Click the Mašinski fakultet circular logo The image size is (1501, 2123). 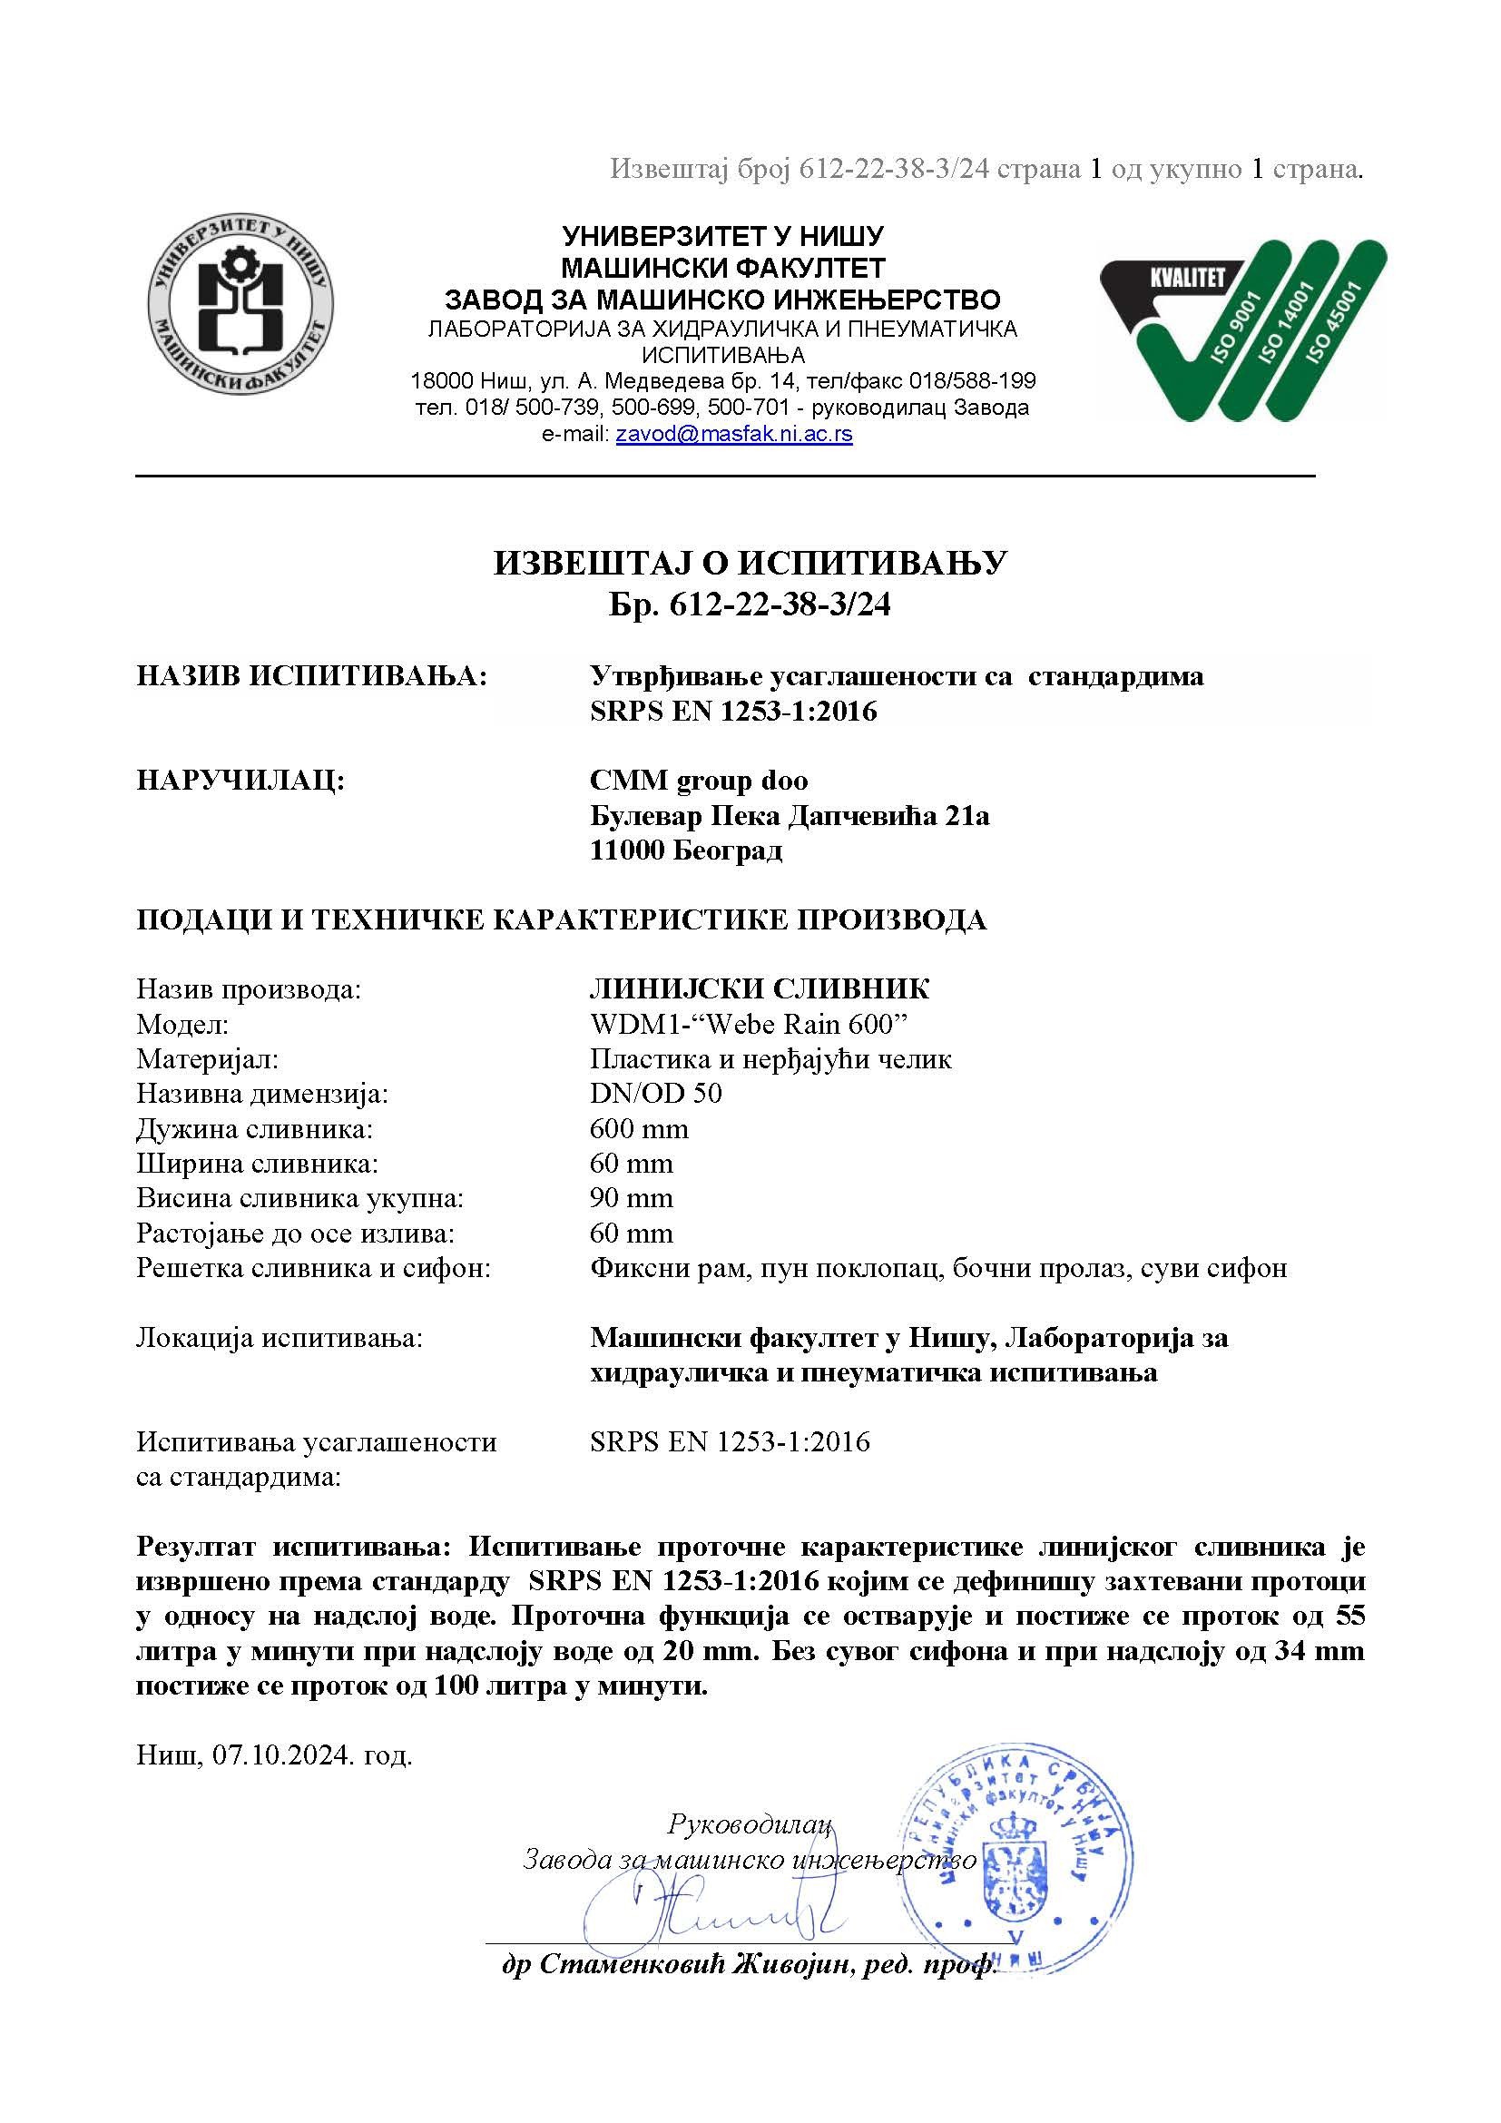(242, 303)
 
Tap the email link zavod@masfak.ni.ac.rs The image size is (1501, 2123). (734, 435)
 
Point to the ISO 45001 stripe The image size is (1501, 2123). (1334, 310)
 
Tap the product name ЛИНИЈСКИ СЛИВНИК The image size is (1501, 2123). (760, 989)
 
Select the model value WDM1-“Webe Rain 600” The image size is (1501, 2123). (743, 1025)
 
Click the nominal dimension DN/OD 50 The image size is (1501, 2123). (656, 1094)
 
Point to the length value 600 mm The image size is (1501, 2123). (639, 1129)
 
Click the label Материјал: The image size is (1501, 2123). (207, 1059)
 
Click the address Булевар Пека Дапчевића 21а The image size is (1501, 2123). (790, 816)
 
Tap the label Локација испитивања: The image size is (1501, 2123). (280, 1338)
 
